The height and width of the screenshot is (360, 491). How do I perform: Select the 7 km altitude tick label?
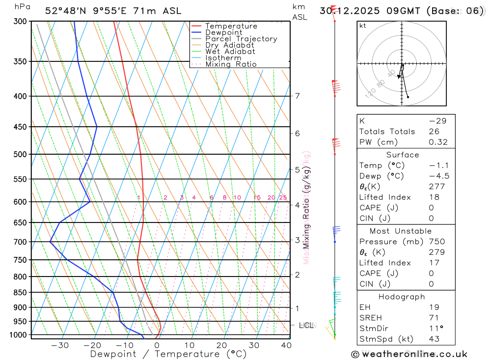point(298,96)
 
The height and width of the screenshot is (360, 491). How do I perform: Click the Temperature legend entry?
point(231,26)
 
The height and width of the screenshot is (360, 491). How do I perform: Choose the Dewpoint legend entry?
point(223,32)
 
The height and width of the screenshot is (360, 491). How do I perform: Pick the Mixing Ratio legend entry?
point(231,64)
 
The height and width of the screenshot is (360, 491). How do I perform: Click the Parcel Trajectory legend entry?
point(241,39)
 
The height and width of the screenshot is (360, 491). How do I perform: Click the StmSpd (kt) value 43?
point(434,339)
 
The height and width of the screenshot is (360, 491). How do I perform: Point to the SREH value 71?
point(434,318)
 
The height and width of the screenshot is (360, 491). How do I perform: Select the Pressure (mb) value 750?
point(436,242)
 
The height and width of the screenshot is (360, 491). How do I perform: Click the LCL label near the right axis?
point(306,325)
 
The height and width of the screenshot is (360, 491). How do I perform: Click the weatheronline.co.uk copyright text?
point(409,354)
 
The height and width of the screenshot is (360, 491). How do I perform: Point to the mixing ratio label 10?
point(237,197)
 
